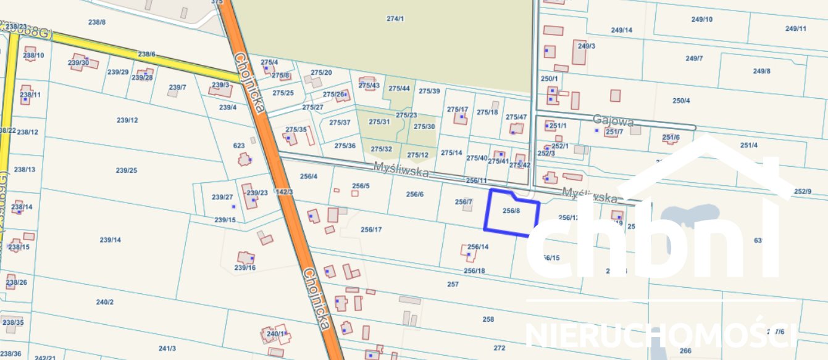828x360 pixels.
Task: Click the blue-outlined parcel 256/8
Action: point(511,211)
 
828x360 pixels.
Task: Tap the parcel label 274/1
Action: point(395,19)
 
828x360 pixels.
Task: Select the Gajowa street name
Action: point(613,119)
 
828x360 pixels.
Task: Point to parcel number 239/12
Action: point(127,120)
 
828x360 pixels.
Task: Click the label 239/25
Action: point(127,170)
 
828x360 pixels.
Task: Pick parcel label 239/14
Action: point(111,240)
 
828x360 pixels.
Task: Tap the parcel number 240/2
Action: point(105,302)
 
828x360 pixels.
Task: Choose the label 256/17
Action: point(371,230)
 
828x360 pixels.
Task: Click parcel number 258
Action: point(488,319)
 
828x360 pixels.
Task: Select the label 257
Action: point(453,284)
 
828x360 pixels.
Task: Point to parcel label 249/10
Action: point(702,19)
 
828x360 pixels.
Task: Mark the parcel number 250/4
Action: point(681,101)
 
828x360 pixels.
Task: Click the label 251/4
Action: point(749,145)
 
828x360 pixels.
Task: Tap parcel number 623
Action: point(239,146)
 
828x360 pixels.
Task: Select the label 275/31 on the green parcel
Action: point(379,122)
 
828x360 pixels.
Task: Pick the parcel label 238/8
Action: point(97,22)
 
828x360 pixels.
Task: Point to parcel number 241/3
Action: point(167,348)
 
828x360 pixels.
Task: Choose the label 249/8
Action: point(762,71)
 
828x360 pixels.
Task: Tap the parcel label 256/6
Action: point(415,194)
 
